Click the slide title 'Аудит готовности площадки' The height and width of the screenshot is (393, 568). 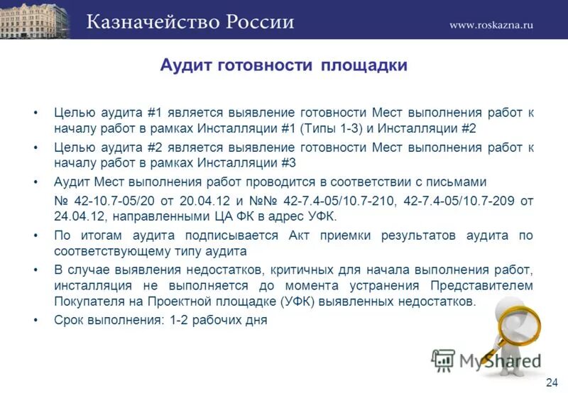tap(283, 66)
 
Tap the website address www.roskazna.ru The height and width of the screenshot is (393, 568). tap(491, 24)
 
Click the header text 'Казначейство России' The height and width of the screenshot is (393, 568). tap(190, 21)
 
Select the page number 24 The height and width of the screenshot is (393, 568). tap(552, 382)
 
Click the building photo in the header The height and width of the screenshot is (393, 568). tap(35, 20)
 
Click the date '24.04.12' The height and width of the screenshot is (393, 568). tap(77, 216)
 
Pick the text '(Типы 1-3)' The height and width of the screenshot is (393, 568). tap(329, 129)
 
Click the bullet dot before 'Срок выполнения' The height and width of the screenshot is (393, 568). tap(35, 320)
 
